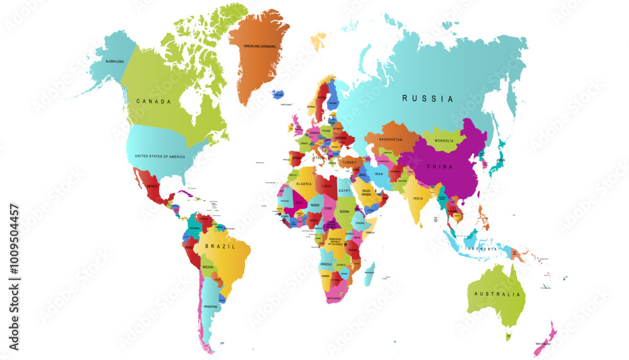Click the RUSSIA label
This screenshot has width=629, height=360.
click(428, 98)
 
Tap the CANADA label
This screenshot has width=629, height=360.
click(154, 101)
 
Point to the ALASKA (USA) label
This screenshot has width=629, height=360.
click(108, 60)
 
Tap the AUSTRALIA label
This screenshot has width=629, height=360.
click(498, 294)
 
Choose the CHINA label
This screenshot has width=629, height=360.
click(440, 166)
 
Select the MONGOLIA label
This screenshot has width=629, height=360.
click(444, 140)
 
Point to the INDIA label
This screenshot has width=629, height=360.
click(418, 198)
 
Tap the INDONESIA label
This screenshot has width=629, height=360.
click(481, 249)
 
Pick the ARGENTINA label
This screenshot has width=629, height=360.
click(211, 307)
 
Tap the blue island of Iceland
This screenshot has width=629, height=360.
click(277, 94)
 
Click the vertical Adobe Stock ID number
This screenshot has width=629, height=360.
click(14, 277)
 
